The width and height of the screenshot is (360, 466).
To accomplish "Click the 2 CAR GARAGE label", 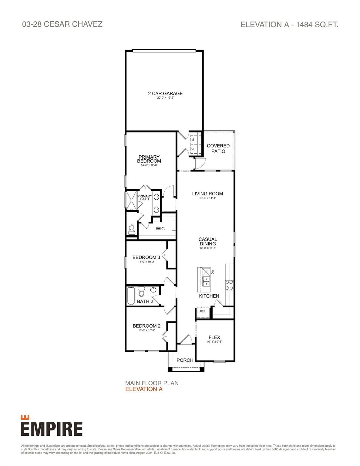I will click(165, 93).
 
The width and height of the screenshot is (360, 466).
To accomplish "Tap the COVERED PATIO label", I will click(218, 148).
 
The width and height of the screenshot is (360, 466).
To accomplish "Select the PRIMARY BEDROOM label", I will click(149, 159).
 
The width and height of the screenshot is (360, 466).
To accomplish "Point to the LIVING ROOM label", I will click(207, 194).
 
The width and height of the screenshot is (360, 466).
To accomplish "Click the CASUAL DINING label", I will click(208, 241).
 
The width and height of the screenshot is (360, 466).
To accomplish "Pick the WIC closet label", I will click(160, 228).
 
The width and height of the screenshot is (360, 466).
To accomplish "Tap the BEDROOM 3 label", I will click(144, 258).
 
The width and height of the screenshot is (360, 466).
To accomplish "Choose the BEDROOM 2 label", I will click(146, 326).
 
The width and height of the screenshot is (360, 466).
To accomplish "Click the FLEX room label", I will click(214, 337).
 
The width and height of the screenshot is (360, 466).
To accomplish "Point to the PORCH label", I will click(185, 360).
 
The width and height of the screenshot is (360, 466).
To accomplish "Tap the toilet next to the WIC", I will click(132, 230).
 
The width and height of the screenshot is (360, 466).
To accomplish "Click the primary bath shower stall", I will click(131, 200).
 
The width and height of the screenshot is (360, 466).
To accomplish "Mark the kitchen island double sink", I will click(206, 282).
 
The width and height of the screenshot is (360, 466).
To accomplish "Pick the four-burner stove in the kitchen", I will click(229, 285).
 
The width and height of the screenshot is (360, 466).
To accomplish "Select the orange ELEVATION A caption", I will click(144, 389).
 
